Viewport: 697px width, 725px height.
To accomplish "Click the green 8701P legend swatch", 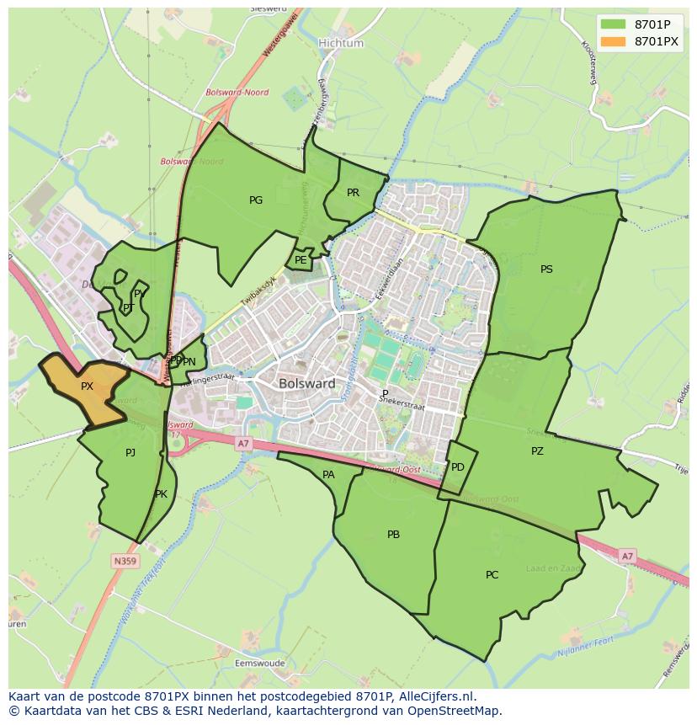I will (x=613, y=24).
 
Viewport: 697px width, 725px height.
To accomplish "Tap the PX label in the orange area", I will (x=87, y=386).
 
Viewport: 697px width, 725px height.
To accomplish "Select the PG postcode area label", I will (x=256, y=200).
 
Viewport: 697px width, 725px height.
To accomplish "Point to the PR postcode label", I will (x=353, y=193).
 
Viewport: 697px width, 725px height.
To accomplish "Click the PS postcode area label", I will (x=546, y=269).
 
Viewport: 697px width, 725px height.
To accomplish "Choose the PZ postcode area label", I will (x=537, y=451).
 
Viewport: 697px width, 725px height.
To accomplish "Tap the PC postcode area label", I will (x=492, y=575).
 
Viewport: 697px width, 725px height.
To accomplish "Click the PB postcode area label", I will (x=393, y=535).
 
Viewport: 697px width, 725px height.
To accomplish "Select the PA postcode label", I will (x=328, y=475).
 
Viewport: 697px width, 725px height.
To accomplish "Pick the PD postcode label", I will (x=457, y=467).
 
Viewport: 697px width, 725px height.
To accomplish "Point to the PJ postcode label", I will (x=130, y=453).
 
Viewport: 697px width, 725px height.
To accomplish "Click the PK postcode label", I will (x=161, y=494).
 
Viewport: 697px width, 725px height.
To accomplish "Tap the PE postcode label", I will (x=301, y=260).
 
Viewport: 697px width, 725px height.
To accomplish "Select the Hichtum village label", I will (x=341, y=43).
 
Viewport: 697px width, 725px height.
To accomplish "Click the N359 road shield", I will (x=125, y=560).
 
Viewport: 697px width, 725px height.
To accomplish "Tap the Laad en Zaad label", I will (x=553, y=569).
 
